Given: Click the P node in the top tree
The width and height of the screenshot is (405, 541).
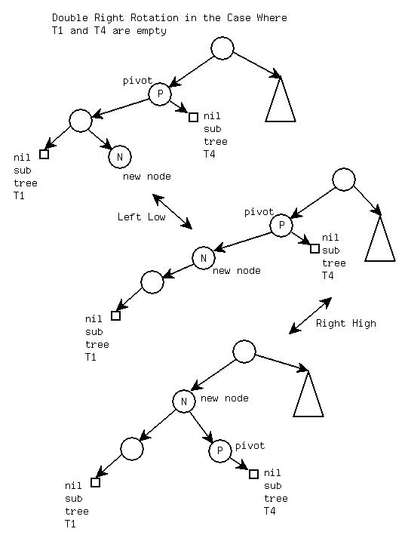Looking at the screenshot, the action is (160, 94).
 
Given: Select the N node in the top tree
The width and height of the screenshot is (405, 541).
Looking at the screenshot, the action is (120, 157).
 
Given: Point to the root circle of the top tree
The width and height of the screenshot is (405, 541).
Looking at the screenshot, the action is (222, 48).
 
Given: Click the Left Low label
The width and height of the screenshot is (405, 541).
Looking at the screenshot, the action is (142, 217).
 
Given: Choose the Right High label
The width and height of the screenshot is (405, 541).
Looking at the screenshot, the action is (346, 323).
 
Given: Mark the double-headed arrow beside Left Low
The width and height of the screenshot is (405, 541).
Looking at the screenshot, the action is (172, 211).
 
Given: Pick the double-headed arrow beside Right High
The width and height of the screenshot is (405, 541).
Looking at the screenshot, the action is (310, 315).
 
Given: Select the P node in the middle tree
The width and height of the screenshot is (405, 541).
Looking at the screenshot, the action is (281, 226).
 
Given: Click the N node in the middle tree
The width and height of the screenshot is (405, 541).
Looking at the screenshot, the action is (204, 258).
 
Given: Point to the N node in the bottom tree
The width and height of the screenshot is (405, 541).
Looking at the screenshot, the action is (184, 401).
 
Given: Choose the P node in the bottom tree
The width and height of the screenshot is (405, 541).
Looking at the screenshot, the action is (220, 450).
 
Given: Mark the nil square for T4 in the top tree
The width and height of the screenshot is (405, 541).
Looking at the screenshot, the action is (194, 117).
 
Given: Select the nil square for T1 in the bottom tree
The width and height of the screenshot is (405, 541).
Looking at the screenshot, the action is (96, 482).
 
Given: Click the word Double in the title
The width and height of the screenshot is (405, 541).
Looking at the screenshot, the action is (69, 17).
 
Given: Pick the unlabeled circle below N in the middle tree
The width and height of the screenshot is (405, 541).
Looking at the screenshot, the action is (152, 282).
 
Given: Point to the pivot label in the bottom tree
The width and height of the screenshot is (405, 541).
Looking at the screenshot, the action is (250, 446).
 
